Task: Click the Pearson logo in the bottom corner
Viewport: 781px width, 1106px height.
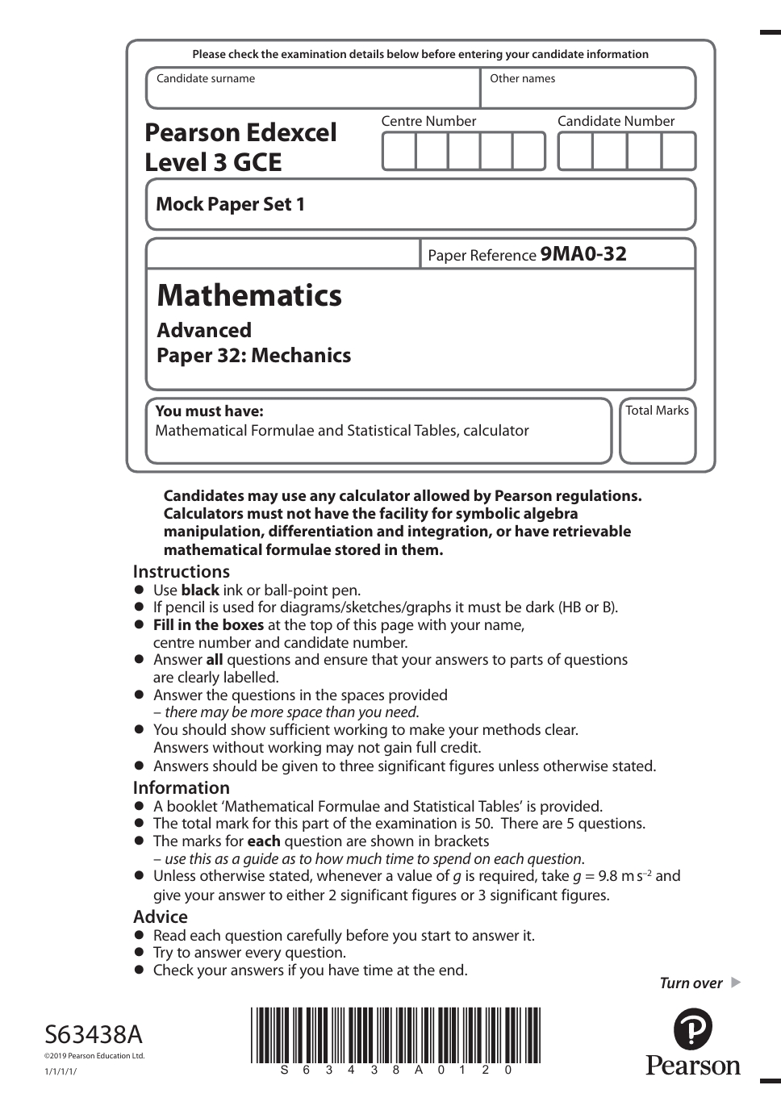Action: (692, 1041)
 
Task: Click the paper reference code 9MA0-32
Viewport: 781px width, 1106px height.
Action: (583, 254)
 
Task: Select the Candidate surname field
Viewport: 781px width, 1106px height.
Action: (313, 89)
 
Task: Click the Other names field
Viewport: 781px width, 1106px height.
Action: (587, 89)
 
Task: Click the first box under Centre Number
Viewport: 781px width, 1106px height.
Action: (399, 151)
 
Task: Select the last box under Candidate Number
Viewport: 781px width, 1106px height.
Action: (679, 151)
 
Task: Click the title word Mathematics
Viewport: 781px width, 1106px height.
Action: (249, 295)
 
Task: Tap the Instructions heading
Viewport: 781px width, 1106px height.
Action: (182, 571)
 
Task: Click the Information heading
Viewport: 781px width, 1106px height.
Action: (182, 787)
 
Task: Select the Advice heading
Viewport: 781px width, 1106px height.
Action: (161, 916)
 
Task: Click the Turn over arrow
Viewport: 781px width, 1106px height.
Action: (734, 983)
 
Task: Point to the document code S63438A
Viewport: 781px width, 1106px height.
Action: (94, 1033)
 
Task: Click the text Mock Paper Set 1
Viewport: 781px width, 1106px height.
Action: (231, 204)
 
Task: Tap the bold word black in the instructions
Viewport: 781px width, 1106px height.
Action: (200, 590)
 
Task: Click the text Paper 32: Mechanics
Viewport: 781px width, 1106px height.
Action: (254, 355)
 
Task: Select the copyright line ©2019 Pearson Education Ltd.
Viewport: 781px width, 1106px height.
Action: (94, 1055)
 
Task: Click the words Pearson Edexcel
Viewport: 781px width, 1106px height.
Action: (240, 132)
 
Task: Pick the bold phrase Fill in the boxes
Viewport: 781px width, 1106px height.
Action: (208, 624)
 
